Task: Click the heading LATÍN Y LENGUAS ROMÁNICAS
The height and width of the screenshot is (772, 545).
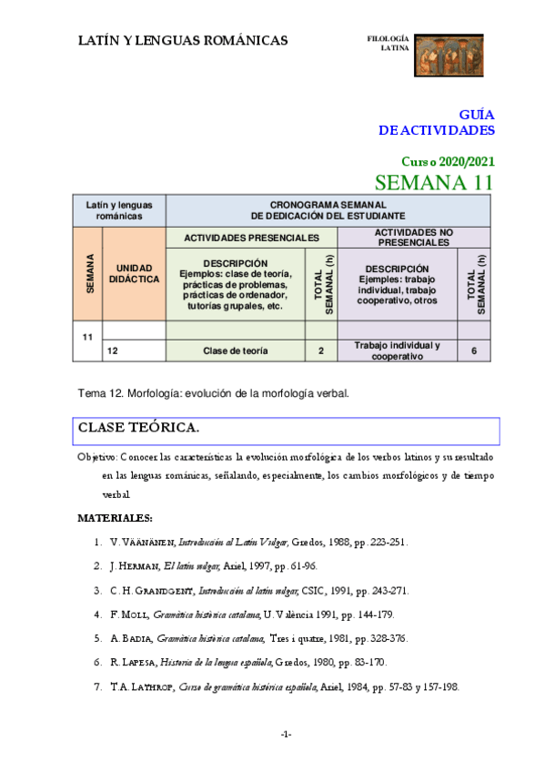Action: (x=183, y=40)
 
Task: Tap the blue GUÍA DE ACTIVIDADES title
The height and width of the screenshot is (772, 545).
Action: (x=437, y=123)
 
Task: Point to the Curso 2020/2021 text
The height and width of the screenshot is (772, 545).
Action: (x=448, y=161)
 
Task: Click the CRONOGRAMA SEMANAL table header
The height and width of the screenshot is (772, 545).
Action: (x=328, y=209)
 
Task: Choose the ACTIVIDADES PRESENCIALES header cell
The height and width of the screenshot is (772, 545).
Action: (x=251, y=237)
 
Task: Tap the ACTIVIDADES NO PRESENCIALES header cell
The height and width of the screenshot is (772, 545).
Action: (x=413, y=237)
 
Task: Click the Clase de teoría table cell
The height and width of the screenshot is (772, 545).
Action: (x=236, y=350)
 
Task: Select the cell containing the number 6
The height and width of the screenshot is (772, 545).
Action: (x=474, y=350)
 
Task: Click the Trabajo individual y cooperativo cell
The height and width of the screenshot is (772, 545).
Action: (x=397, y=350)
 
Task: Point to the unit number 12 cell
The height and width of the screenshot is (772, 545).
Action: (x=113, y=350)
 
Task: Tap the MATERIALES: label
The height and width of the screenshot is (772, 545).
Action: (x=115, y=518)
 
